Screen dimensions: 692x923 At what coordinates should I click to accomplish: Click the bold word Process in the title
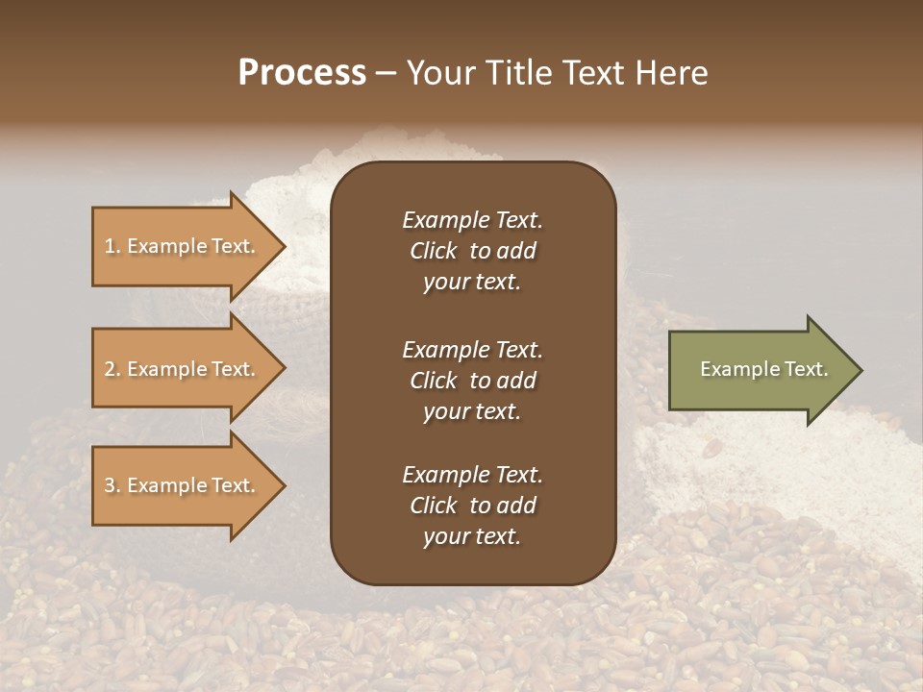[x=302, y=73]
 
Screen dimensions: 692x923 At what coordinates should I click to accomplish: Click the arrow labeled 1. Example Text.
[x=183, y=247]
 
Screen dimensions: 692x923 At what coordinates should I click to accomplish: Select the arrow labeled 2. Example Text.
[x=183, y=369]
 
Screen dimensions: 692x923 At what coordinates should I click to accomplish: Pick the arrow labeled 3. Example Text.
[x=183, y=486]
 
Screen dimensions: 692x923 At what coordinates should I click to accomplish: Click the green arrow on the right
[x=760, y=370]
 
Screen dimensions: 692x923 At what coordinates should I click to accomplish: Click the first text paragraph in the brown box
[x=472, y=251]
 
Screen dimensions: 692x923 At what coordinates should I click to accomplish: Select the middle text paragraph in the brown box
[x=472, y=380]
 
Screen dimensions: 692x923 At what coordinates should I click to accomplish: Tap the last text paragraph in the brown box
[x=472, y=506]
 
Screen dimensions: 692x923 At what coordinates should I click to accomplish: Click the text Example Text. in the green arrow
[x=763, y=369]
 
